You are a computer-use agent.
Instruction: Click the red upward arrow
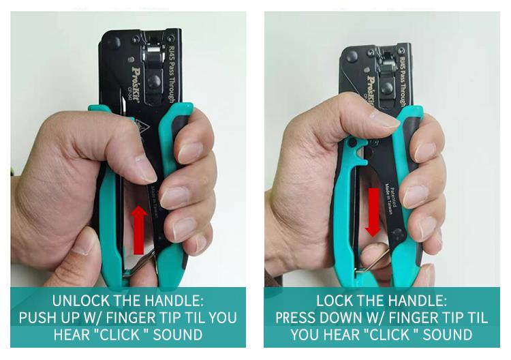tap(139, 230)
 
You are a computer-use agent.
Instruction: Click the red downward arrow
tap(373, 212)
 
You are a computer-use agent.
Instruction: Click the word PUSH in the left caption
tap(37, 317)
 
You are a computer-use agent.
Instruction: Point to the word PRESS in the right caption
tap(298, 317)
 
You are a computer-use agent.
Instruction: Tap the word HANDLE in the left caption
tap(168, 300)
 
